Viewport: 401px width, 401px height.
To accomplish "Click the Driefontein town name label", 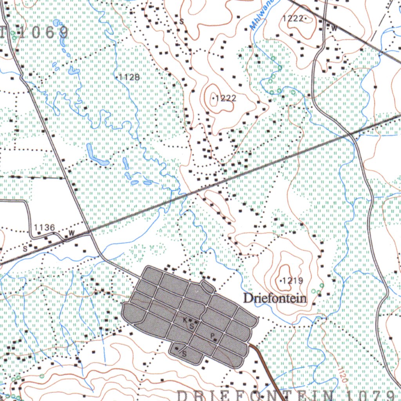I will (x=275, y=298).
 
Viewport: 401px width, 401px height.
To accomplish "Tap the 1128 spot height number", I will (x=129, y=77).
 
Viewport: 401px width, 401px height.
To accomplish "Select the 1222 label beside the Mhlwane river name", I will (x=293, y=18).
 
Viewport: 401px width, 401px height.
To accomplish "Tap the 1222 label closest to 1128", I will (x=226, y=98).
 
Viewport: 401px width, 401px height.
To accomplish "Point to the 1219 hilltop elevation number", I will (x=293, y=280).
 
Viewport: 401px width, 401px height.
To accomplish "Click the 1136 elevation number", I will (x=44, y=227).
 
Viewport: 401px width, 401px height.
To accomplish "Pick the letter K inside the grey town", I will (x=185, y=320).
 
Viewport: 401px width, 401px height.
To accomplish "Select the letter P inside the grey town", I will (x=212, y=336).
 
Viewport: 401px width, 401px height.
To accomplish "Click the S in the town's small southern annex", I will (x=184, y=355).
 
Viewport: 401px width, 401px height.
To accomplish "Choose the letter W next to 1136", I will (x=71, y=233).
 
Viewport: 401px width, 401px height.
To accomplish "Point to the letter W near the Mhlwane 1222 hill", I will (x=334, y=28).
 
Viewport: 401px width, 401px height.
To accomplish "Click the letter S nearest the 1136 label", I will (x=25, y=248).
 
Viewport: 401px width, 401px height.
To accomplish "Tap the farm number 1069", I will (x=43, y=33).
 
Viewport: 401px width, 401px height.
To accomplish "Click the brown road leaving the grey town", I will (x=268, y=372).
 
